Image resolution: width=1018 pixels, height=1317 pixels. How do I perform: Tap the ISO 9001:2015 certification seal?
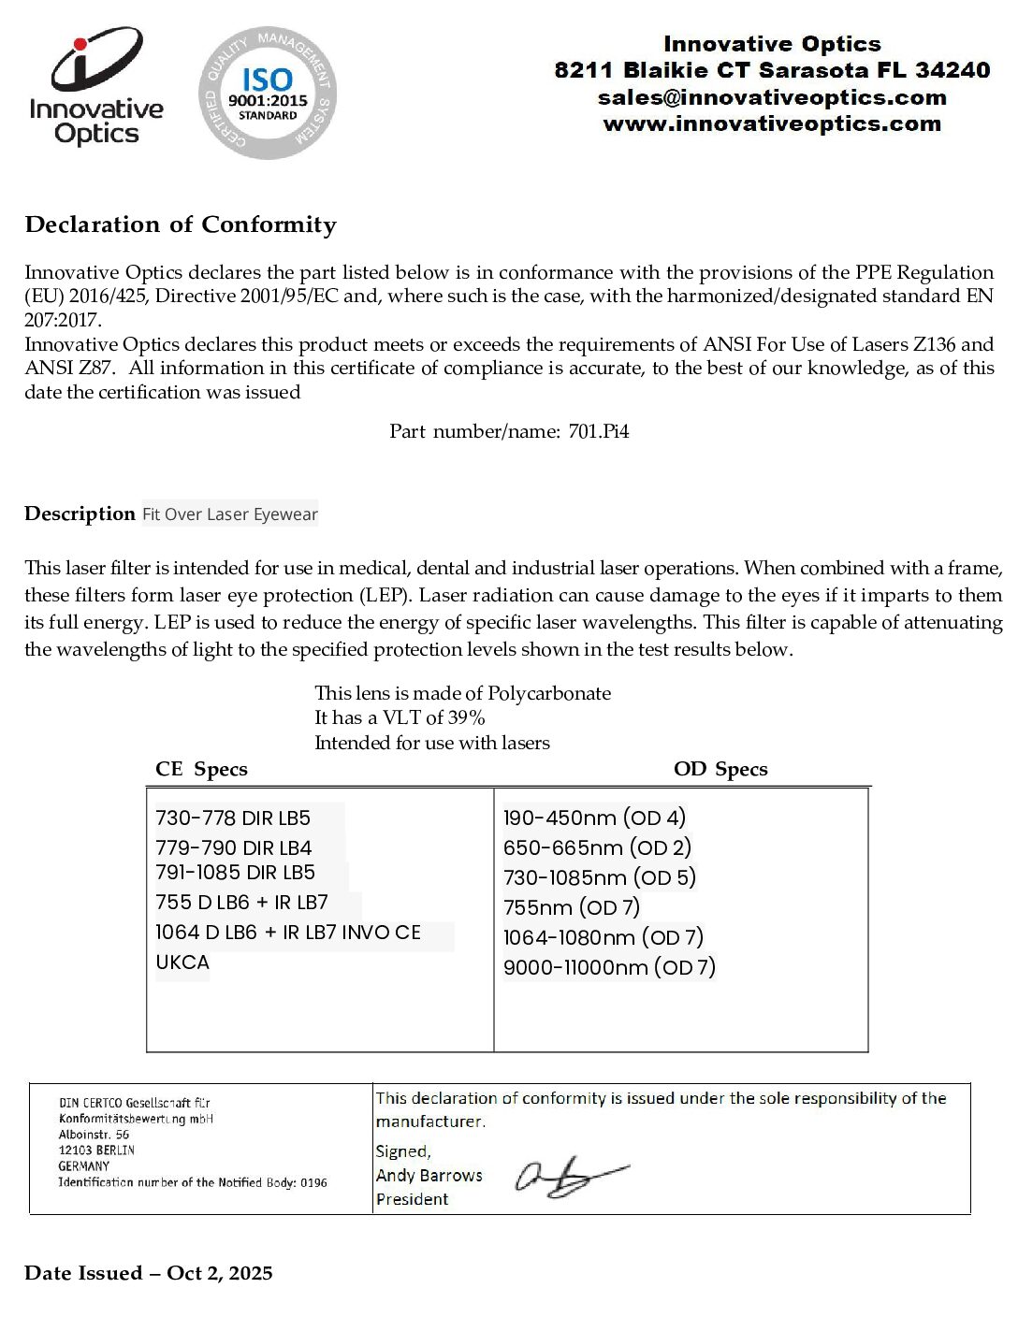point(268,93)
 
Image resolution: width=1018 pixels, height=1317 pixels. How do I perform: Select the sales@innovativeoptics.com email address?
point(772,97)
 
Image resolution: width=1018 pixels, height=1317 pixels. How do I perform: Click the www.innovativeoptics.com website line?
point(772,123)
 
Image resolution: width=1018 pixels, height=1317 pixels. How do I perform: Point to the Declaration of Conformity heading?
point(181,224)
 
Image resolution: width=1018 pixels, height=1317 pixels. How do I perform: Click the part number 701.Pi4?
point(599,431)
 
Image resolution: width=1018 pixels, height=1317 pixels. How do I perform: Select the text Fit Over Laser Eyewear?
point(230,514)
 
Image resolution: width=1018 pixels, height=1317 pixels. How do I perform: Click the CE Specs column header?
point(201,769)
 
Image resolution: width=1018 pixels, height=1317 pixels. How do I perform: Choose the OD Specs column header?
point(720,769)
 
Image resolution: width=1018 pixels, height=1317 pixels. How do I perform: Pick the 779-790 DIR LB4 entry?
point(234,847)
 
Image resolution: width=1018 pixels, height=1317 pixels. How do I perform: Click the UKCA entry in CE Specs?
point(182,962)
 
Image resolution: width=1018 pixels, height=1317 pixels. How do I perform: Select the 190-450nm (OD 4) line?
point(594,818)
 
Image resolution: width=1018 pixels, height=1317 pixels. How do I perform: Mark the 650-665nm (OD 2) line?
point(597,847)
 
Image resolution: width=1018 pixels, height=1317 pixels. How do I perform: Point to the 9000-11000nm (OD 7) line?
point(609,967)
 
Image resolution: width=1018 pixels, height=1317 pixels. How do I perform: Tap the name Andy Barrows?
point(429,1175)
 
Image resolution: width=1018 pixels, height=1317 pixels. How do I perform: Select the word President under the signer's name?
point(413,1199)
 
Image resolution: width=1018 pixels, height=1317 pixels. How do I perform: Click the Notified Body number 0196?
point(313,1182)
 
